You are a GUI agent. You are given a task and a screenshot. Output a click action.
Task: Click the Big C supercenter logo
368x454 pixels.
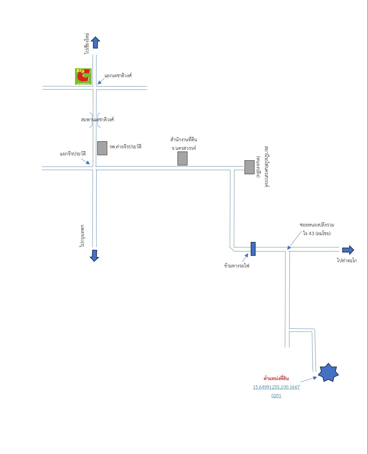tap(83, 76)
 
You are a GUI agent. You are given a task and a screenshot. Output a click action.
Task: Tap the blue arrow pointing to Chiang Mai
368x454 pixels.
tap(95, 42)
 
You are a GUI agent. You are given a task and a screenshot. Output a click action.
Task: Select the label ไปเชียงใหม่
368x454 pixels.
tap(86, 43)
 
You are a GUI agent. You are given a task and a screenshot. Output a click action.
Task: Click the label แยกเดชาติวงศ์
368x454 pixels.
tap(118, 75)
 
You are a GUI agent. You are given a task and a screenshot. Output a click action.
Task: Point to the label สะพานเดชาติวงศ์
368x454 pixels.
tap(97, 119)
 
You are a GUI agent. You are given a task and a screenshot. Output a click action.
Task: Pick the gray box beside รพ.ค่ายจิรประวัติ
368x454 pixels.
tap(102, 148)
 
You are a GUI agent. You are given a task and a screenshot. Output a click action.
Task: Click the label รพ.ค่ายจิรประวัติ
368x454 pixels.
tap(125, 147)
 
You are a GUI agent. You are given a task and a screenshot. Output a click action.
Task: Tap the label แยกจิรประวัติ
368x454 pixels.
tap(73, 154)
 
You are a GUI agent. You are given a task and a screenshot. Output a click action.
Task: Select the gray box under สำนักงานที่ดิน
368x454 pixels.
tap(182, 159)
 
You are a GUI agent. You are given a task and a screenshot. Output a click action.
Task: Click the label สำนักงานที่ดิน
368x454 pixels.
tap(183, 140)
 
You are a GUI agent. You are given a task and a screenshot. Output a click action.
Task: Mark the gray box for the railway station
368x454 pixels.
tap(249, 167)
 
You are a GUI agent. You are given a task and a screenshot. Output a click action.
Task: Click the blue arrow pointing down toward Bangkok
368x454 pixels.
tap(94, 255)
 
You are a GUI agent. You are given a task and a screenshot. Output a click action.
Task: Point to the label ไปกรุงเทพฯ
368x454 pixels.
tap(82, 236)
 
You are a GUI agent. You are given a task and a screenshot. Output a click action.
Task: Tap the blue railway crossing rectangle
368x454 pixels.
tap(253, 249)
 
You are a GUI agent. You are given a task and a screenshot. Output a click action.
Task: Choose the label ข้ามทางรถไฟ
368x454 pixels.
tap(237, 266)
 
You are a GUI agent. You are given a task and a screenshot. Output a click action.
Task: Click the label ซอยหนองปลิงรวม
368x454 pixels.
tap(317, 225)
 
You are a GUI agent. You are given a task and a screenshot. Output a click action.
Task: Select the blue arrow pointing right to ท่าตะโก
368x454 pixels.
tap(348, 250)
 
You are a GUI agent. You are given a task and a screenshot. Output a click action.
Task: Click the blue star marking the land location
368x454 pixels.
tap(328, 372)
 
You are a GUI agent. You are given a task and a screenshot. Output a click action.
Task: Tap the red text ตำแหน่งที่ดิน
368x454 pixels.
tap(276, 379)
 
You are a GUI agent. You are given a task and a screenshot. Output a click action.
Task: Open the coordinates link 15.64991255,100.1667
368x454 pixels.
tap(276, 387)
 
